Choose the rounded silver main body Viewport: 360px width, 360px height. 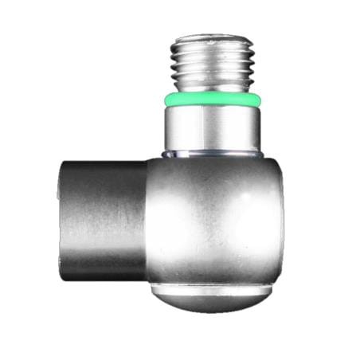click(213, 219)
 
